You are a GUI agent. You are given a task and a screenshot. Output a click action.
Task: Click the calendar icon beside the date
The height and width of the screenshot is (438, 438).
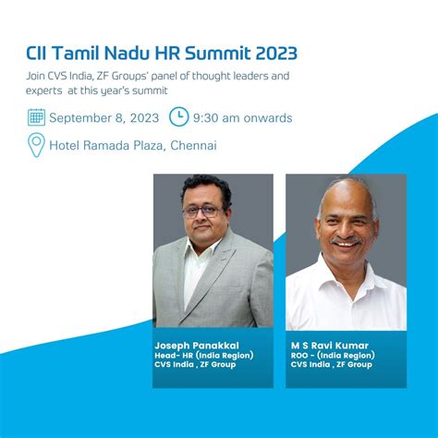[x=36, y=117]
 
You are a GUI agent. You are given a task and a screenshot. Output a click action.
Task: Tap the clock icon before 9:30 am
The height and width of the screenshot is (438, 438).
[x=178, y=117]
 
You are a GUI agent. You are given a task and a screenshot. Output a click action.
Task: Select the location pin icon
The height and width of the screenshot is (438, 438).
[x=36, y=145]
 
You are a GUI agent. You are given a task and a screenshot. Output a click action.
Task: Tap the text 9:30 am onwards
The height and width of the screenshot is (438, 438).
[x=243, y=117]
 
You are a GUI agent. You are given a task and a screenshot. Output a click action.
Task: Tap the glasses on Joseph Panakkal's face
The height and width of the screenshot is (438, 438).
[x=202, y=211]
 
